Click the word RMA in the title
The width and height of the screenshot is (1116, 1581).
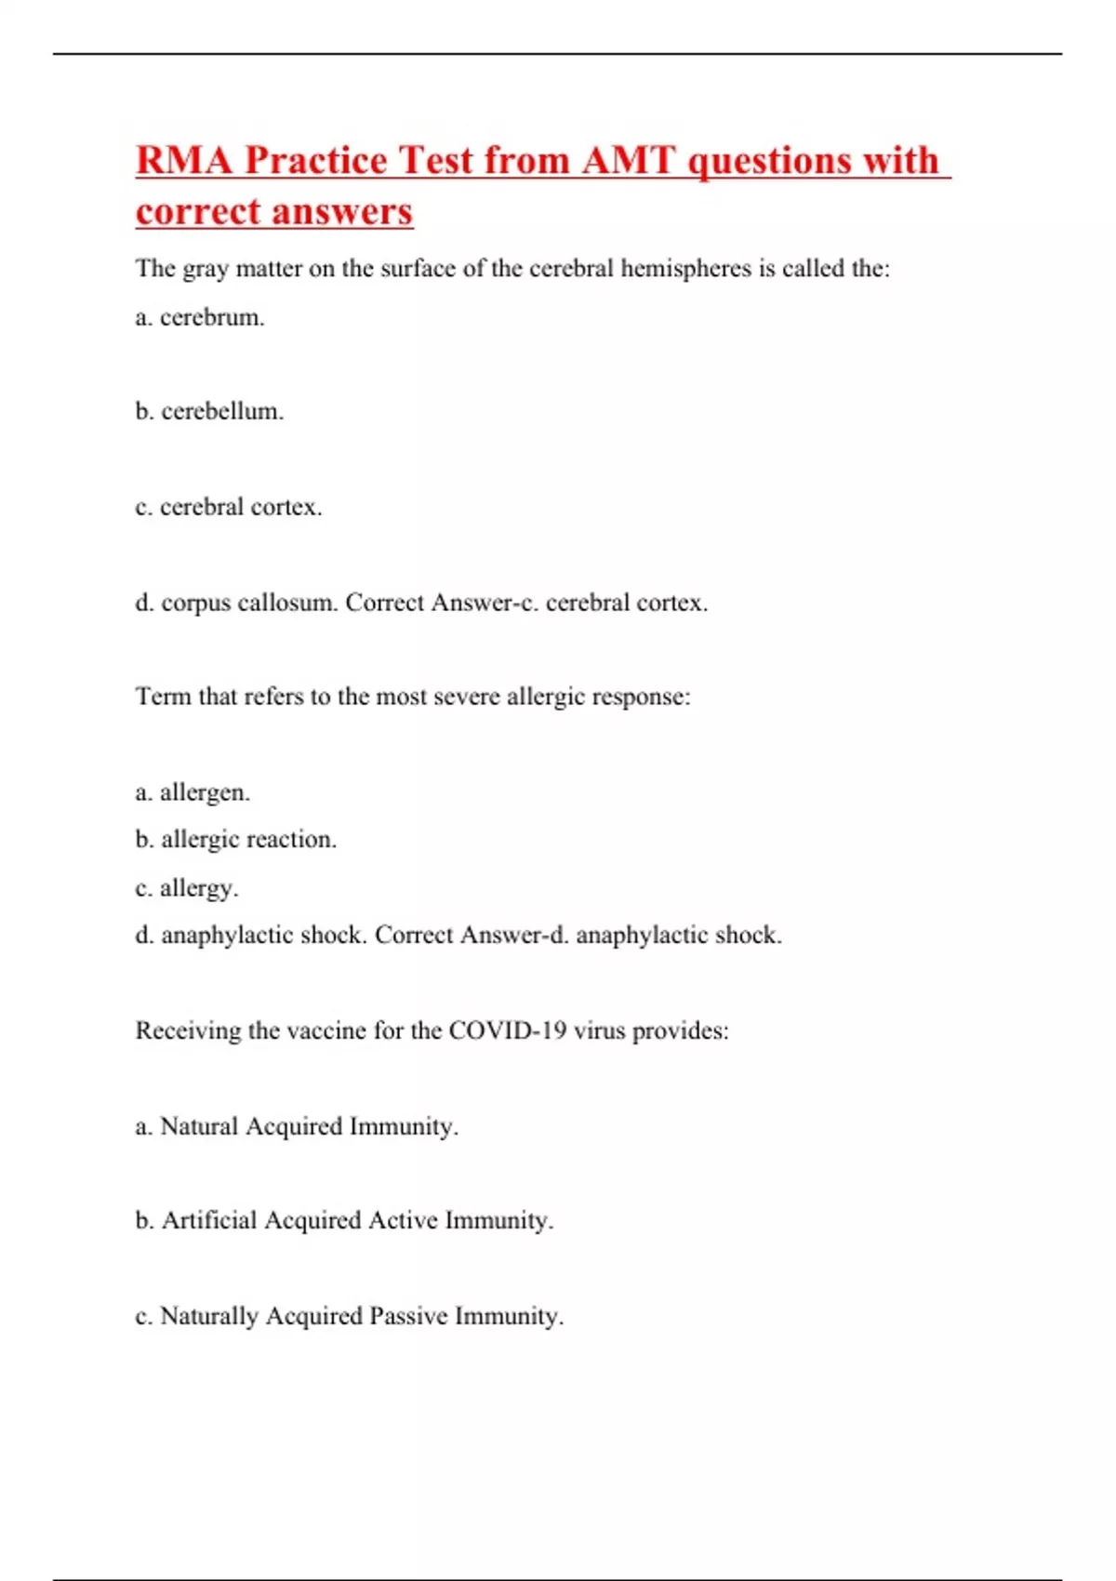click(x=183, y=160)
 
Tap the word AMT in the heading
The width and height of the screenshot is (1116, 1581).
click(x=628, y=160)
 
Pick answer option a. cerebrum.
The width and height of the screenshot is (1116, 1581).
click(x=200, y=318)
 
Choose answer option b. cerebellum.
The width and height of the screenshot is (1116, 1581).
click(x=209, y=411)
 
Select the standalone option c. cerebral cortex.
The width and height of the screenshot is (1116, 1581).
click(x=229, y=507)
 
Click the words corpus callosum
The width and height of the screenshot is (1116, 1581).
click(x=249, y=603)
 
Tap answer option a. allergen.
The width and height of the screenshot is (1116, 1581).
click(x=193, y=792)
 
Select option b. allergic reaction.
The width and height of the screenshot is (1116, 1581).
click(x=236, y=840)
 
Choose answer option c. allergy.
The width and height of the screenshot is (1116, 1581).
click(x=187, y=888)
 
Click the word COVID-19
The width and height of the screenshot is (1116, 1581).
click(x=507, y=1030)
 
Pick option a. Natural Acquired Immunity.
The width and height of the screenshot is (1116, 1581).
click(x=297, y=1126)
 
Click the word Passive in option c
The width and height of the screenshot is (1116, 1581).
click(x=408, y=1316)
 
